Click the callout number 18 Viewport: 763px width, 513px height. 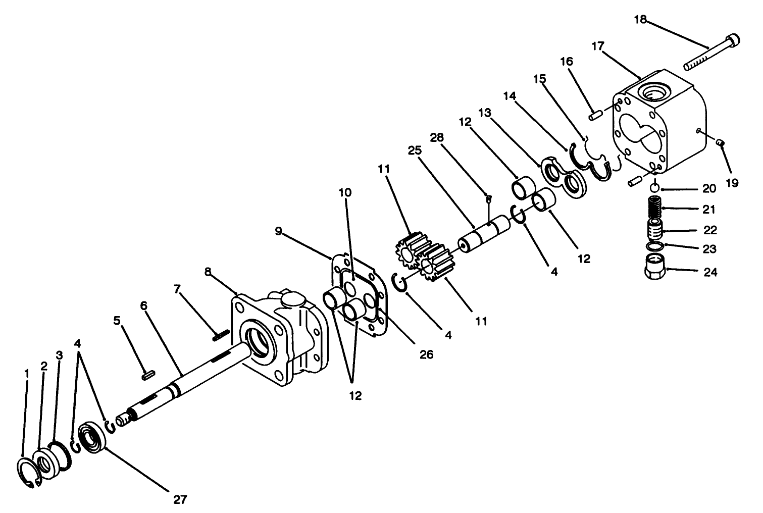pos(640,20)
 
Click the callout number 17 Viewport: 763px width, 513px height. pos(598,46)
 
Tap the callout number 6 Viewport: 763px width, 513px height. pos(144,306)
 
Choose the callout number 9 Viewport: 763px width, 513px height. pos(279,231)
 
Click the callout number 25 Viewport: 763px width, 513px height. pos(414,150)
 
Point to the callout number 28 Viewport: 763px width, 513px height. pos(437,137)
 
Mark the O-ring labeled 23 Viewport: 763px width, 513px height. pos(654,246)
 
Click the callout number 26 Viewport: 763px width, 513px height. pos(427,354)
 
